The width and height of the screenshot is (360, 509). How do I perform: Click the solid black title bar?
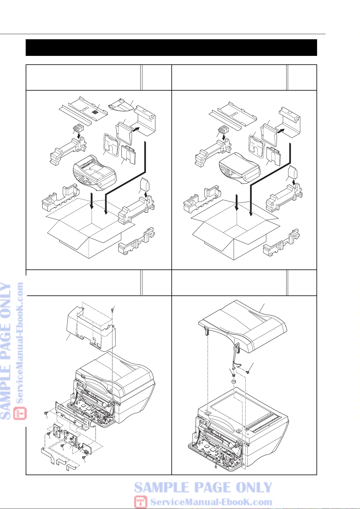click(x=171, y=47)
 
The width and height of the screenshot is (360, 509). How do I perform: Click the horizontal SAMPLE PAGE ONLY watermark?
click(x=203, y=487)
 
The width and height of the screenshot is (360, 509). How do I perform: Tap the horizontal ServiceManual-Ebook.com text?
click(x=211, y=502)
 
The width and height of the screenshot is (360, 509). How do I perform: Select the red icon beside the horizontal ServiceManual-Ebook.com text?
click(x=141, y=501)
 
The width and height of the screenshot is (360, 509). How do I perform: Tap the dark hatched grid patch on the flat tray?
click(x=96, y=112)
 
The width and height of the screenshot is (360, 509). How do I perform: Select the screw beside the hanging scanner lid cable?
click(x=248, y=372)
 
